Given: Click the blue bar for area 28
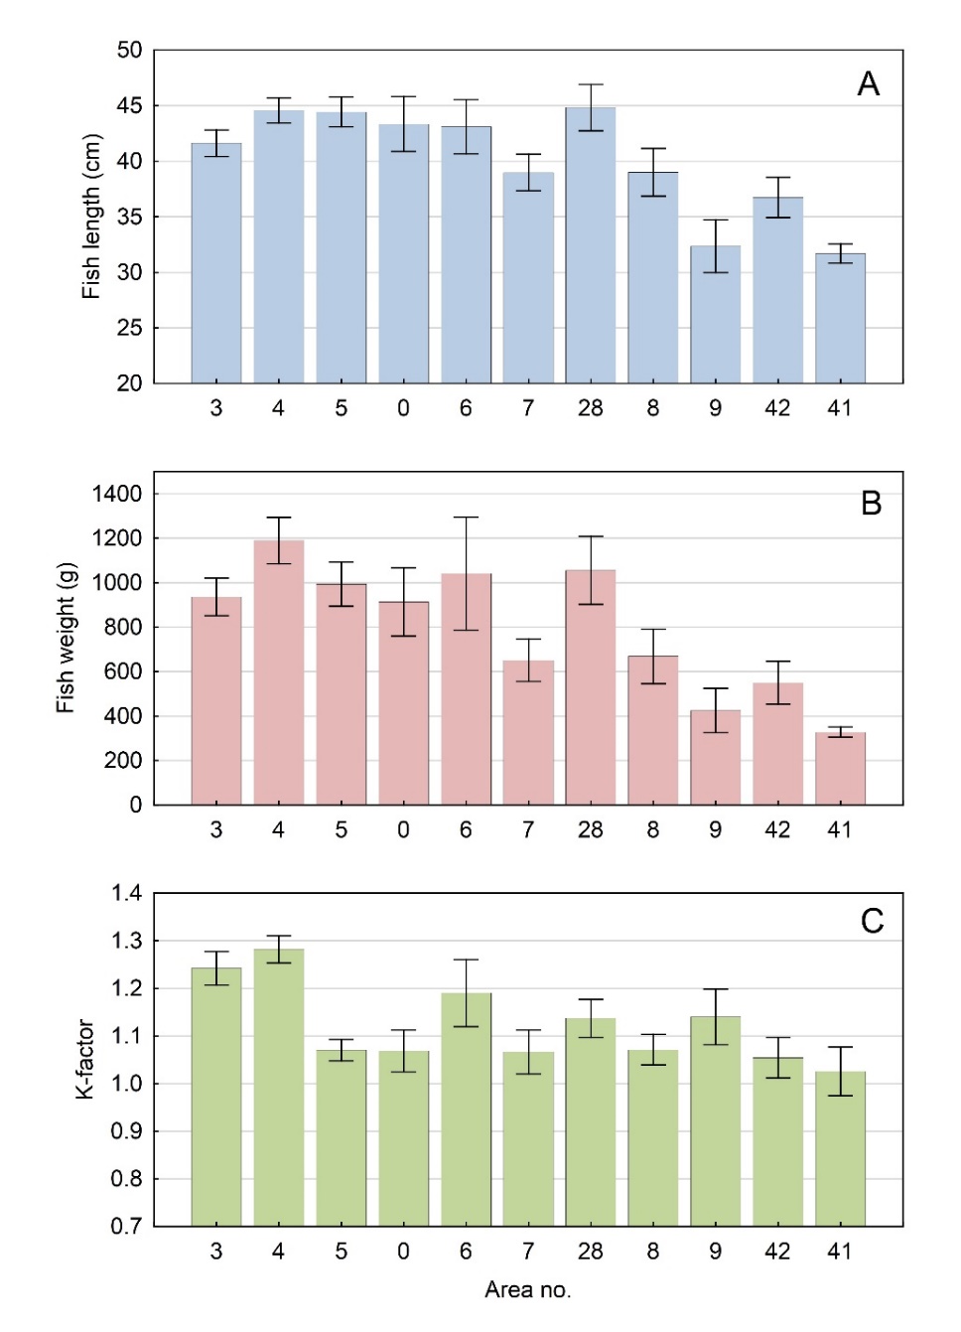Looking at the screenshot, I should coord(591,248).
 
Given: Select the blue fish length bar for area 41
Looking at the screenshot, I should coord(840,318).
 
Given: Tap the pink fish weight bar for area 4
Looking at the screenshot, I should coord(279,675).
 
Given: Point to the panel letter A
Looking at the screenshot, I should coord(869,84).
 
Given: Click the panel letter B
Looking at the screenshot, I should coord(871,504).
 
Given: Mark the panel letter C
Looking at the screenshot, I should coord(872,922).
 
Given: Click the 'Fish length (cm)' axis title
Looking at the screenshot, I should coord(92,217).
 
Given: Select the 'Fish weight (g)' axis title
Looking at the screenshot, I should coord(67,638).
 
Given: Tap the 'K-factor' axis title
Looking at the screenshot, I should coord(85,1059).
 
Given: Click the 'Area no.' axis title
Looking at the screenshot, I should coord(528,1290).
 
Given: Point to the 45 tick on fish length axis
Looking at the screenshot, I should coord(130,105).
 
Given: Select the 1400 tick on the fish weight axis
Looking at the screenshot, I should coord(117,494).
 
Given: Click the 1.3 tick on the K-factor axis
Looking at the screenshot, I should coord(127,941).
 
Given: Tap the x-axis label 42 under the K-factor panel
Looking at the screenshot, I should coord(777,1252).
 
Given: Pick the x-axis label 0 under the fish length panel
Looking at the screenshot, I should coord(403,408).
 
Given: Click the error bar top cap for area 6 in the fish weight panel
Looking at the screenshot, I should coord(466,518).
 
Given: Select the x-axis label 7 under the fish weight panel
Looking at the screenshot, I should coord(528,830).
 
